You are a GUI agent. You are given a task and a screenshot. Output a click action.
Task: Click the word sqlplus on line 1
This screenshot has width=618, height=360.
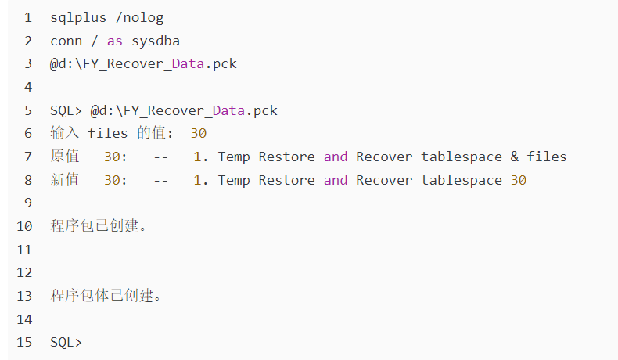[x=78, y=18]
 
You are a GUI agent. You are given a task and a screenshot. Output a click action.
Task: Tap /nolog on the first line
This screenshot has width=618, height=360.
[x=139, y=18]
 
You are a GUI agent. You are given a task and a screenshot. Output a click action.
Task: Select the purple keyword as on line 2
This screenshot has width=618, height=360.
[x=115, y=41]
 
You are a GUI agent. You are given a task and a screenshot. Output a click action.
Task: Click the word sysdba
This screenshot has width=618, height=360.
[x=156, y=41]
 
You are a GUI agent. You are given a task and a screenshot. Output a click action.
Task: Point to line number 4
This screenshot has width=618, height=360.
[x=28, y=87]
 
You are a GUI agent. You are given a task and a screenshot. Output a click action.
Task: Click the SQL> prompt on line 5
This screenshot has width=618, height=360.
[x=66, y=111]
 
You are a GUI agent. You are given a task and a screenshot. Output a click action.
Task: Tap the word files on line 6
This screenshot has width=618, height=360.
[x=108, y=133]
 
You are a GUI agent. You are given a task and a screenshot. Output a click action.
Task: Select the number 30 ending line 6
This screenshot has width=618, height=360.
[x=199, y=134]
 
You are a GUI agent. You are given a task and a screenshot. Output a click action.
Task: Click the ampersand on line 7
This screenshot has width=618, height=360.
[x=514, y=157]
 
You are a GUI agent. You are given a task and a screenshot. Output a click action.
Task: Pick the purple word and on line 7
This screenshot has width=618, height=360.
[x=336, y=157]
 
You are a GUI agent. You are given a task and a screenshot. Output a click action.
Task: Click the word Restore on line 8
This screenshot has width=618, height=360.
[x=286, y=180]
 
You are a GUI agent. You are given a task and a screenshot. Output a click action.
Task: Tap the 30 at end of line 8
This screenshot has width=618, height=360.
[x=519, y=180]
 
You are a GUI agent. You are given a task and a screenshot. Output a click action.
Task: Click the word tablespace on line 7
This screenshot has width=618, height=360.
[x=462, y=157]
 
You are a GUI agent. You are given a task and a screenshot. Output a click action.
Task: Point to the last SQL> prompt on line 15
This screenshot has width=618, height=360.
[x=66, y=342]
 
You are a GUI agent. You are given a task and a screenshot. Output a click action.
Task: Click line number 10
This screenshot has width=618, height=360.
[x=24, y=226]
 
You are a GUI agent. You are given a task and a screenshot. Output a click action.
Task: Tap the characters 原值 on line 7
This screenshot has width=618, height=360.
[x=65, y=157]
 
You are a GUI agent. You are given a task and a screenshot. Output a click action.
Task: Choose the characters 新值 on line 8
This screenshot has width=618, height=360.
[x=65, y=179]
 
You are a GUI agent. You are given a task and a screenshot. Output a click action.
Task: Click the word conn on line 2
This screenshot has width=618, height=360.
[x=66, y=41]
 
